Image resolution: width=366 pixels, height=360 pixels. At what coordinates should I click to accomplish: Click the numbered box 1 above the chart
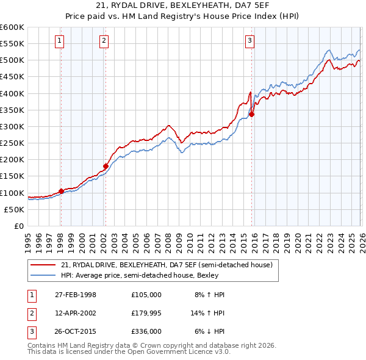tap(60, 41)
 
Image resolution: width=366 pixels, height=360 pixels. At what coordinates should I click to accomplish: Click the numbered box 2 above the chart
tap(104, 41)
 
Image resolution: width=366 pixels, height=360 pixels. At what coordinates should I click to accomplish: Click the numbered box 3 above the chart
tap(250, 41)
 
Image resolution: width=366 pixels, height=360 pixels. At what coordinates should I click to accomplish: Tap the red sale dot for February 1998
tap(61, 191)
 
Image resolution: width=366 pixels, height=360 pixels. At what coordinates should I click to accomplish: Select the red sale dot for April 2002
tap(106, 166)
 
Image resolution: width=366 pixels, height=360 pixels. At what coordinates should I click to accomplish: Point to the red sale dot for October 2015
tap(252, 114)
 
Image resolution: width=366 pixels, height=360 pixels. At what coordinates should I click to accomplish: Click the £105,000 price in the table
tap(146, 294)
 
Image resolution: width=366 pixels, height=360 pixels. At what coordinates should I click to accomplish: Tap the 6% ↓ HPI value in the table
tap(209, 332)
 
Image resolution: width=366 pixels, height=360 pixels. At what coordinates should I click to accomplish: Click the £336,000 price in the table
tap(146, 332)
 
